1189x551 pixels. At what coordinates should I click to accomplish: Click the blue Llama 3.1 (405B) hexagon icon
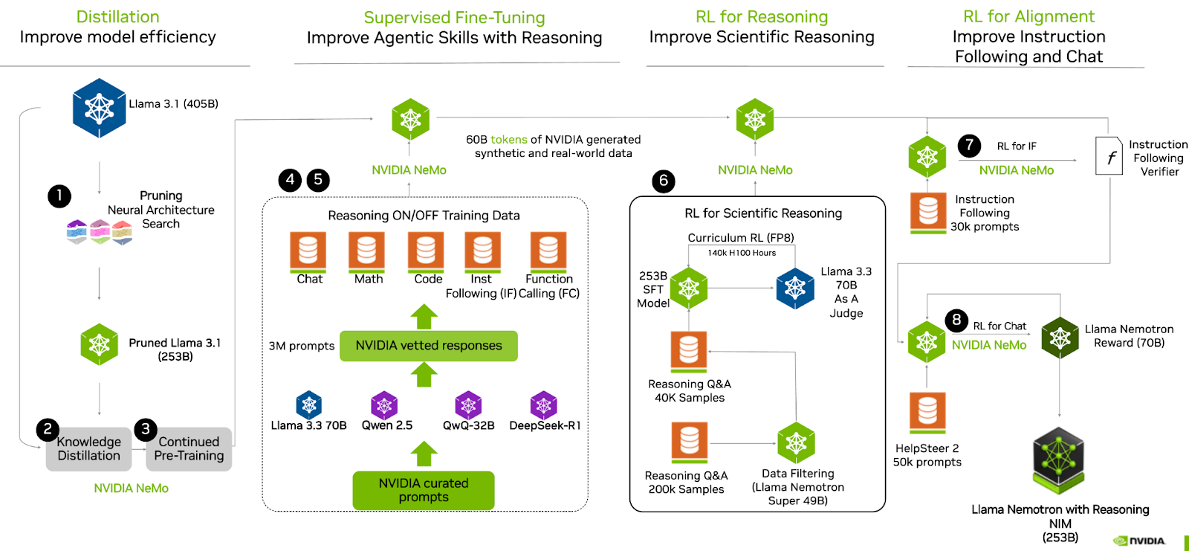(99, 109)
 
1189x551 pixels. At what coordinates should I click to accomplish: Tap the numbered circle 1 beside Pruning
(59, 196)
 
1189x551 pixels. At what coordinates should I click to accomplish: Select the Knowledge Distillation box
(88, 449)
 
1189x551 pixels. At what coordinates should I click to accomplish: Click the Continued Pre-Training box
(189, 449)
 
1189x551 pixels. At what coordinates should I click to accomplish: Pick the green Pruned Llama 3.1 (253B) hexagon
(100, 344)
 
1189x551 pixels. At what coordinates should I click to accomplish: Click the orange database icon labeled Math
(366, 251)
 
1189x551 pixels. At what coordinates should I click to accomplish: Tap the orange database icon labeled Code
(426, 251)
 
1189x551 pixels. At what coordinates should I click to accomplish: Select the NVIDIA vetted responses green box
(428, 346)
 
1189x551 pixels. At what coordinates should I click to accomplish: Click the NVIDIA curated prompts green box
(424, 490)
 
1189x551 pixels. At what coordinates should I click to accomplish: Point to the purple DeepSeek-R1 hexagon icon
(544, 405)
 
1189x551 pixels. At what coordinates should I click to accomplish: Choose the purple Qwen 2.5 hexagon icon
(384, 405)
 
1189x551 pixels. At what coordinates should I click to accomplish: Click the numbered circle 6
(664, 181)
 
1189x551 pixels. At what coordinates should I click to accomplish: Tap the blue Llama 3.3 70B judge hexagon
(795, 289)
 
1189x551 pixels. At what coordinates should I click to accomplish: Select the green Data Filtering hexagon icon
(797, 443)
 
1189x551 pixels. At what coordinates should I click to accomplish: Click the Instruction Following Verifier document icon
(1109, 156)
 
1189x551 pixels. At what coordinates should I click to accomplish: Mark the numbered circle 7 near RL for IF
(969, 146)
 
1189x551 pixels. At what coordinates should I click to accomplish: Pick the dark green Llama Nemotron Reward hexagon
(1060, 338)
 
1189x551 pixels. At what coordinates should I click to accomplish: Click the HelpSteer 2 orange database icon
(927, 411)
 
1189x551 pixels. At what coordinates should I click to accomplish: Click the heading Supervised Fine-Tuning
(454, 17)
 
